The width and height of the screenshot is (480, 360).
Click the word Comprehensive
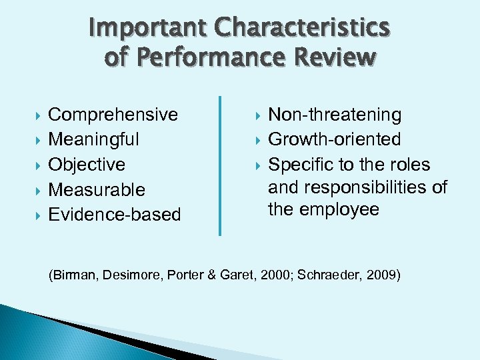click(113, 115)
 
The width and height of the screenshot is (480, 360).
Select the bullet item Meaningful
click(94, 140)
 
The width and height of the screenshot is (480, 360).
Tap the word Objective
click(87, 165)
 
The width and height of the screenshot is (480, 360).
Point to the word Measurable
click(97, 190)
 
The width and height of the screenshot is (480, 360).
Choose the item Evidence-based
click(115, 215)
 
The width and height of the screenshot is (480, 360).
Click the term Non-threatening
click(335, 115)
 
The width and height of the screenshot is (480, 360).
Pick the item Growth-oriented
click(335, 139)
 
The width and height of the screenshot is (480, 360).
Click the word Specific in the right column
click(301, 165)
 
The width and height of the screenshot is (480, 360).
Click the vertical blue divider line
click(220, 165)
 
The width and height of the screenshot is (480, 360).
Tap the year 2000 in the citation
click(270, 274)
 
